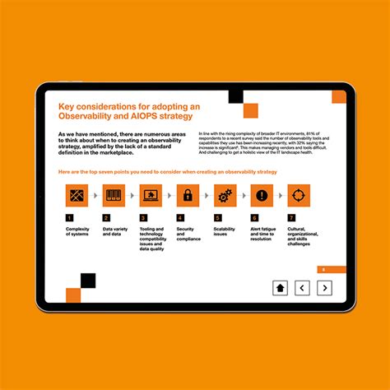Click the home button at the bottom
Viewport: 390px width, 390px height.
280,287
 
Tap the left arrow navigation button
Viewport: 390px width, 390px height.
302,287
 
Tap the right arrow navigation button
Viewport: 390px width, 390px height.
324,287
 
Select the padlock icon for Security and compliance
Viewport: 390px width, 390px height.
188,196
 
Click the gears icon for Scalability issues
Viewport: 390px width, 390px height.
225,196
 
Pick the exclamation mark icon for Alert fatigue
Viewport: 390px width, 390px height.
262,196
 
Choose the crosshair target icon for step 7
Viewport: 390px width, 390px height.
299,196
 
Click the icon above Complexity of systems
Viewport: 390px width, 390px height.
76,196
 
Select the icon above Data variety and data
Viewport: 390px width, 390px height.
114,196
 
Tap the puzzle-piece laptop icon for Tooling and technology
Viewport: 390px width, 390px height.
151,196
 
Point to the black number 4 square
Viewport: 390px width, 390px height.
180,218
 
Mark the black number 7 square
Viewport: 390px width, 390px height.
291,218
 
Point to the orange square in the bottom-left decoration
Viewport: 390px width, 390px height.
72,295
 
